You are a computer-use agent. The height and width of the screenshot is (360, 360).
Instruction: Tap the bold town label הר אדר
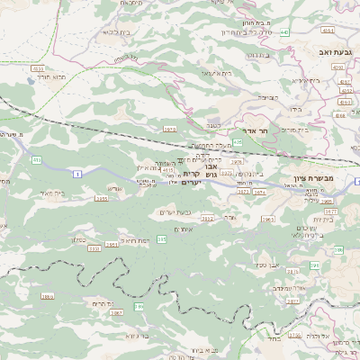[x=259, y=131]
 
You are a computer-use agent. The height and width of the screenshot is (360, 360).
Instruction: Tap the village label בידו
[x=294, y=109]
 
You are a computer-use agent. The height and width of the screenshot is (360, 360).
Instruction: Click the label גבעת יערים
[x=177, y=211]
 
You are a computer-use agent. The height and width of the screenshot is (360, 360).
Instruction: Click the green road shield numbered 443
[x=284, y=32]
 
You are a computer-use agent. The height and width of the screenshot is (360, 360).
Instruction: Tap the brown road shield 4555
[x=38, y=68]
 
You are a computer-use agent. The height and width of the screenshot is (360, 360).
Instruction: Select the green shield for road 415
[x=37, y=160]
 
